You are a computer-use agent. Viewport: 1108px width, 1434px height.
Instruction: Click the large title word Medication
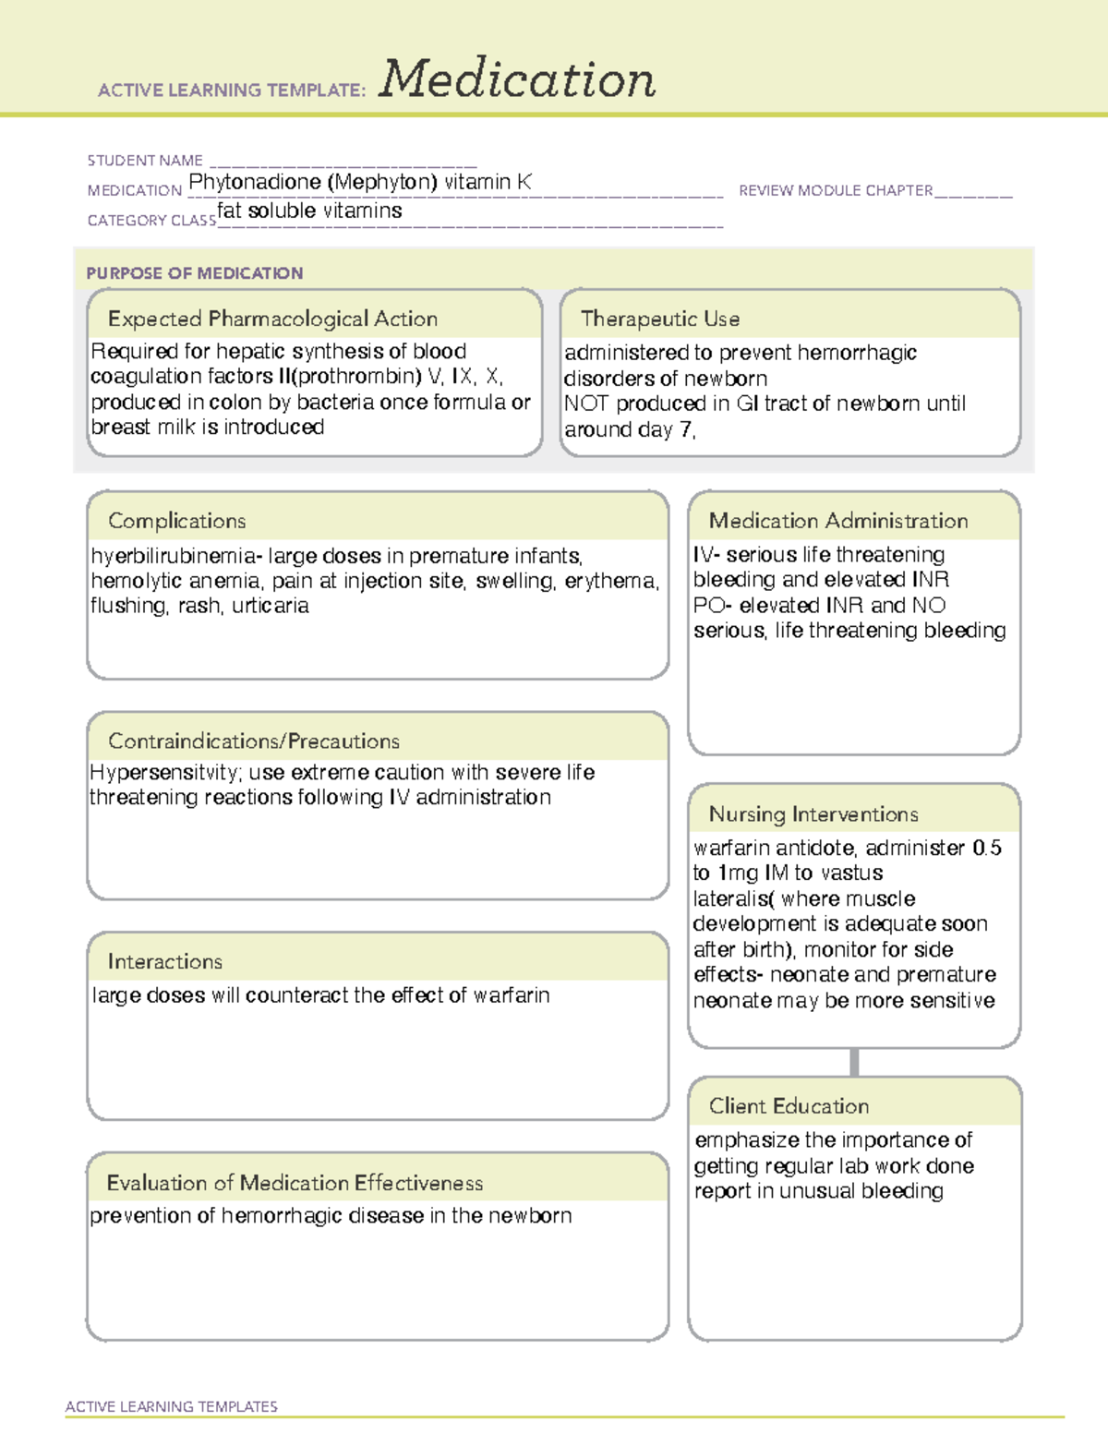pyautogui.click(x=517, y=79)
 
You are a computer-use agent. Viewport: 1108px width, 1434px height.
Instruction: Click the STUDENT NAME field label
pyautogui.click(x=145, y=161)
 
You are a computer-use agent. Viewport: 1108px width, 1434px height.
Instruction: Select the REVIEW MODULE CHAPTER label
pyautogui.click(x=836, y=190)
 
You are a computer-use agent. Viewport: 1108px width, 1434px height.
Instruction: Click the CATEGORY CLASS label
pyautogui.click(x=151, y=221)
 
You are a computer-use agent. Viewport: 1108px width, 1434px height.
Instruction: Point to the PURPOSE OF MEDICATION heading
pyautogui.click(x=195, y=273)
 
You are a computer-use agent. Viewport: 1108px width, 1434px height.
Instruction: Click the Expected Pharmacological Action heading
pyautogui.click(x=272, y=319)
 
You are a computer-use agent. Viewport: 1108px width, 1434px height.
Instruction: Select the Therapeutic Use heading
pyautogui.click(x=660, y=319)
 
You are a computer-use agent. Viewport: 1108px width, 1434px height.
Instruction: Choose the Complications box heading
pyautogui.click(x=177, y=521)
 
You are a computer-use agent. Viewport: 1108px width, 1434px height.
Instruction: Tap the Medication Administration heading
pyautogui.click(x=838, y=521)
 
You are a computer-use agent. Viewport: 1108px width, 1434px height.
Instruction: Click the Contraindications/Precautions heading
pyautogui.click(x=254, y=741)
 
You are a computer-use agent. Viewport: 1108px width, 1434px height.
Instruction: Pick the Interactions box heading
pyautogui.click(x=165, y=961)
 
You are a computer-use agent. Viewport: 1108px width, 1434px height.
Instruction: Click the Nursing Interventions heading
pyautogui.click(x=813, y=813)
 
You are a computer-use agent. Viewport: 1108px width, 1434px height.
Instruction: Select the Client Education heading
pyautogui.click(x=789, y=1105)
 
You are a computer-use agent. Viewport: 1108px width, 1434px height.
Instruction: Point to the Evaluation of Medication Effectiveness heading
pyautogui.click(x=295, y=1183)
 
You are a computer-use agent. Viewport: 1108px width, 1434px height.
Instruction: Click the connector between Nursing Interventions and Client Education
pyautogui.click(x=854, y=1062)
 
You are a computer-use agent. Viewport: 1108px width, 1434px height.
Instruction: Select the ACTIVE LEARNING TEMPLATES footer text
pyautogui.click(x=172, y=1406)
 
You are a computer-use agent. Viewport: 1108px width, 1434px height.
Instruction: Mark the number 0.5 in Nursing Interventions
pyautogui.click(x=987, y=848)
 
